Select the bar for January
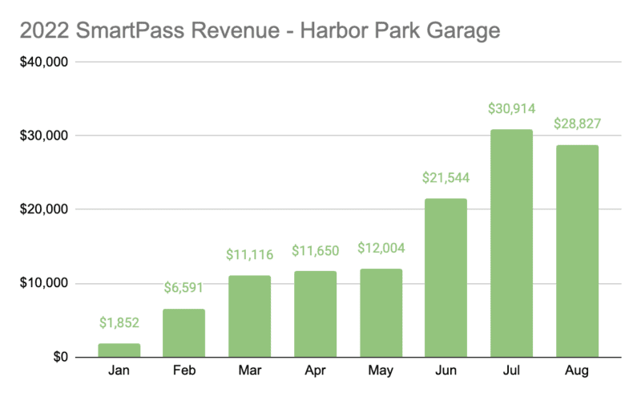(119, 350)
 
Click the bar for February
(184, 333)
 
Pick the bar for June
(446, 277)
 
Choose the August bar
(577, 251)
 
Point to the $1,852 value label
(119, 323)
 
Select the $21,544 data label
(446, 178)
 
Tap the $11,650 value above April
(316, 251)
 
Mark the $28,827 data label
(577, 124)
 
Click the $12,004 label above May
(381, 249)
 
